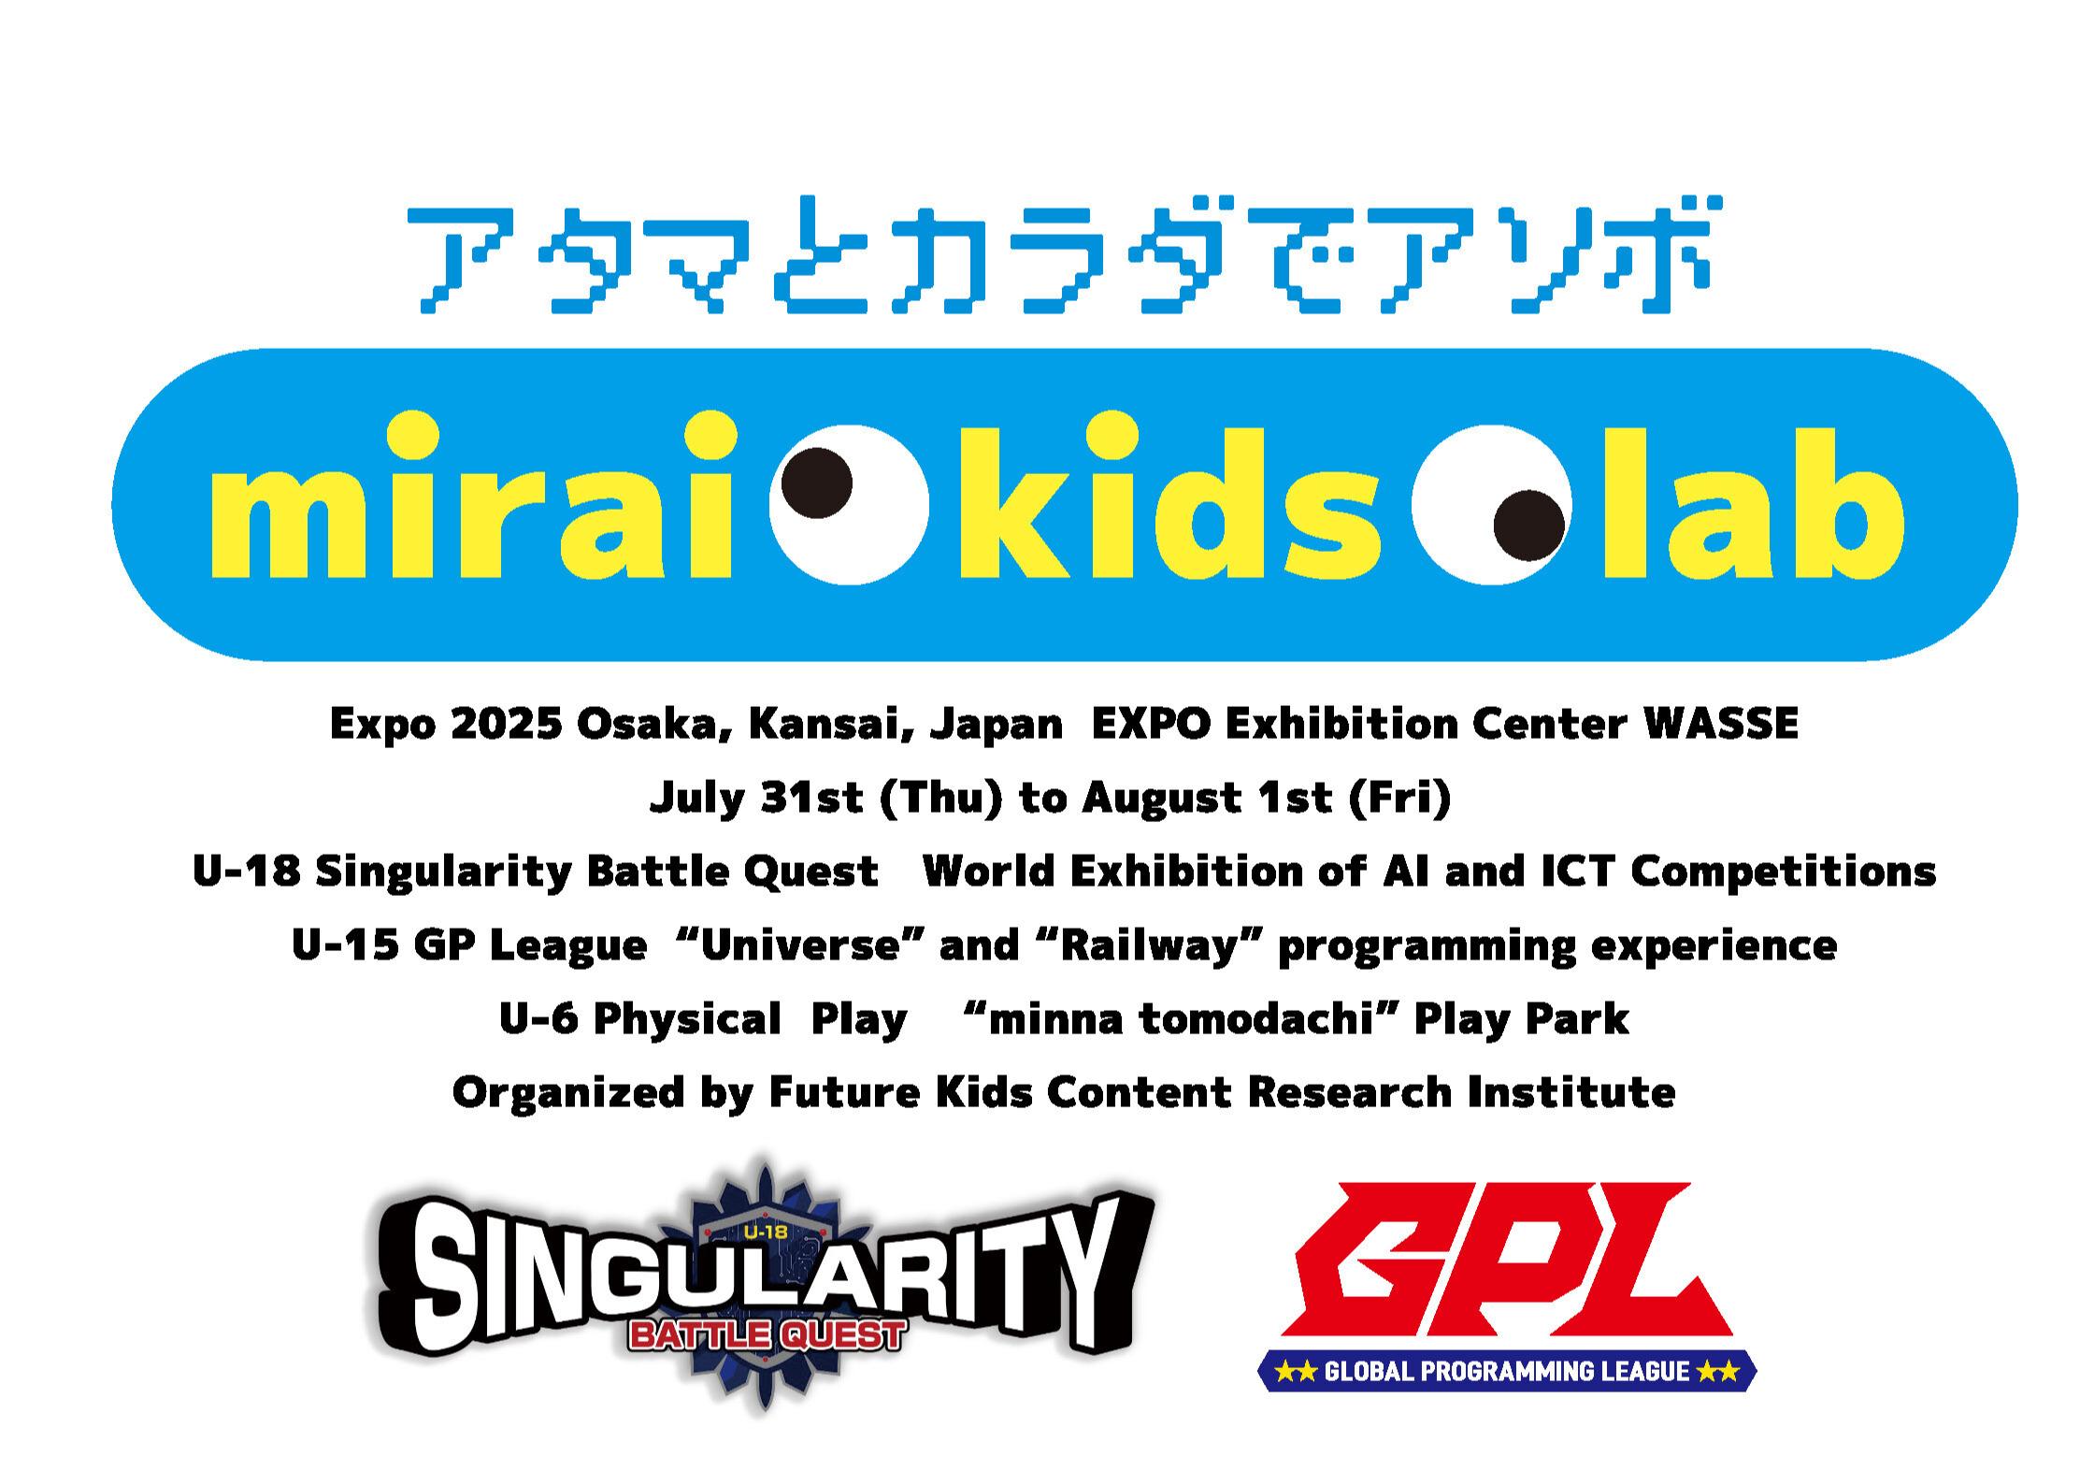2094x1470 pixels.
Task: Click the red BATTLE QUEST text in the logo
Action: pyautogui.click(x=767, y=1334)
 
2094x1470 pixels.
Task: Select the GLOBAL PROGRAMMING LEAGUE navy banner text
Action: pyautogui.click(x=1507, y=1372)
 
